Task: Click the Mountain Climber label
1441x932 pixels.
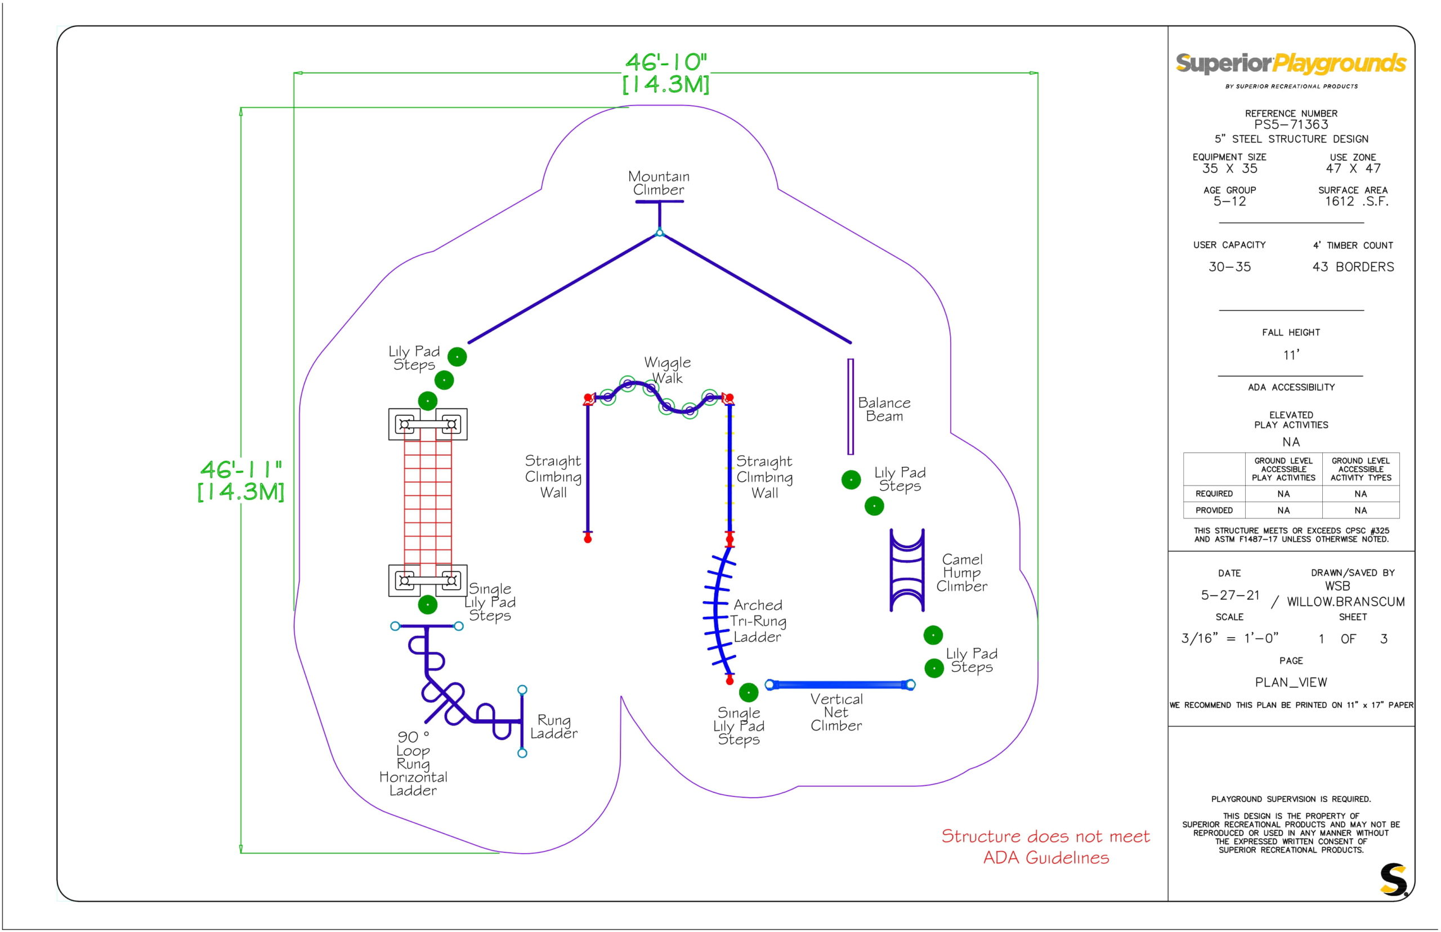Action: point(659,183)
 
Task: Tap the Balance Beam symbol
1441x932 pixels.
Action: point(851,406)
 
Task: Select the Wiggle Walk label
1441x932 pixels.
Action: point(667,370)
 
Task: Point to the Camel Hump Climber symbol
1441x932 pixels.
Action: point(907,570)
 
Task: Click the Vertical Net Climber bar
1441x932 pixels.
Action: point(840,684)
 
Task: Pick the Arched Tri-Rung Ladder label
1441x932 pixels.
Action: point(758,620)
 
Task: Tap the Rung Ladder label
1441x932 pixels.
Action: point(554,726)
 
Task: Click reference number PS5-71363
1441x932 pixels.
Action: point(1291,125)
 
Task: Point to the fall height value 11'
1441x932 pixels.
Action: point(1291,355)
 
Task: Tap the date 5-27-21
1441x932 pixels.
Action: point(1230,595)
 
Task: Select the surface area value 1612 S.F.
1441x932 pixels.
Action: point(1356,201)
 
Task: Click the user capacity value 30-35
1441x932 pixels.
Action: point(1229,267)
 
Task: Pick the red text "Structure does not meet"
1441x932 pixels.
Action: point(1045,836)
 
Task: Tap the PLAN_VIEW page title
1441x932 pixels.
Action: point(1291,682)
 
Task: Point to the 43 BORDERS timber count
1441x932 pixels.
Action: point(1353,267)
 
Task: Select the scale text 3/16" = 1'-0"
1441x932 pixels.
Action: point(1229,638)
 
